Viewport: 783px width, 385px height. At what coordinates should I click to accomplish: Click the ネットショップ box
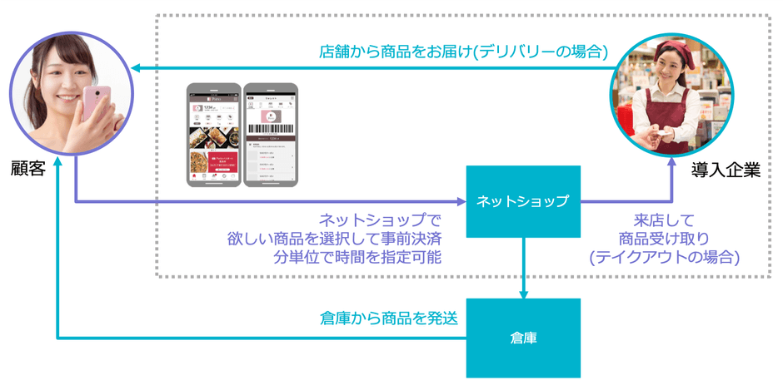pyautogui.click(x=522, y=200)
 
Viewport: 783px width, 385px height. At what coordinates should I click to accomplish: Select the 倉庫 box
pyautogui.click(x=522, y=338)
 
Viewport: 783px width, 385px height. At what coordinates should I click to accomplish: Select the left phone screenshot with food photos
pyautogui.click(x=212, y=135)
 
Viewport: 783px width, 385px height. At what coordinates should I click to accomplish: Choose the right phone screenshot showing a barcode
pyautogui.click(x=270, y=135)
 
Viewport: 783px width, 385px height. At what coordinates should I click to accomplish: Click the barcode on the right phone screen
pyautogui.click(x=270, y=131)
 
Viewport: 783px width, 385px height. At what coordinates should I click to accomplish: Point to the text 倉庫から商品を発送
pyautogui.click(x=389, y=318)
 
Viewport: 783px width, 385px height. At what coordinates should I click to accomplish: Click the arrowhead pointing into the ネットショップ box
pyautogui.click(x=460, y=201)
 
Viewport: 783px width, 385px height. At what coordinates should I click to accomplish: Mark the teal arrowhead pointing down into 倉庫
pyautogui.click(x=523, y=293)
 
